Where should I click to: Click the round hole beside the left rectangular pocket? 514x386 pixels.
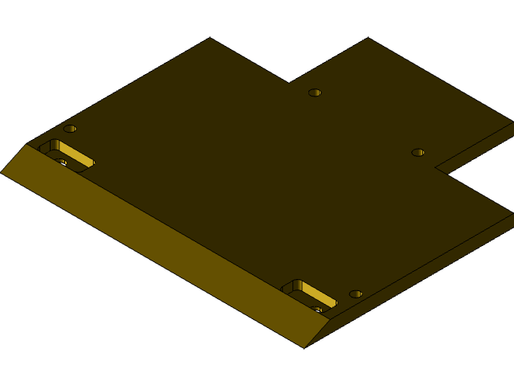coord(70,129)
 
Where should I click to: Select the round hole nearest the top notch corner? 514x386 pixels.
coord(315,92)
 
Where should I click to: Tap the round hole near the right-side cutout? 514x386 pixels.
coord(418,152)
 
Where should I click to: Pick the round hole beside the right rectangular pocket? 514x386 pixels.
coord(355,294)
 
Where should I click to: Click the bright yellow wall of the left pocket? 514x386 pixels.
coord(75,154)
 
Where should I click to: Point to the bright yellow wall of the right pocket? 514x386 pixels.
coord(318,294)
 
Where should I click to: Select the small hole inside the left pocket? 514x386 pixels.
coord(61,162)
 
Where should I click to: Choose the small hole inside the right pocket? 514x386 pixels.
coord(317,309)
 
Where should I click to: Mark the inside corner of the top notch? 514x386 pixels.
coord(289,83)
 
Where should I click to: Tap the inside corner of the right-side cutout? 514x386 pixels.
coord(435,168)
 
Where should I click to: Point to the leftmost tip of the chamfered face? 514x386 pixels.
coord(2,172)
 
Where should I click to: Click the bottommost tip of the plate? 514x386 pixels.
coord(304,347)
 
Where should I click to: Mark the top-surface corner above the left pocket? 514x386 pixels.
coord(27,144)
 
